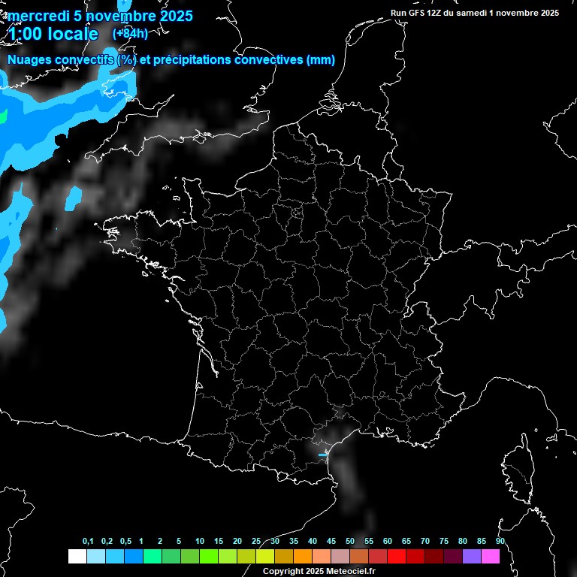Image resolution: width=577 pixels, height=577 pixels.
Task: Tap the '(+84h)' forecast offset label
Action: [129, 34]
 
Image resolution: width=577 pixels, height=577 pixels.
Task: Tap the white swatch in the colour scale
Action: [77, 556]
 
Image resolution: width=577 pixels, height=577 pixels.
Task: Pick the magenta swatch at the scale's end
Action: [491, 556]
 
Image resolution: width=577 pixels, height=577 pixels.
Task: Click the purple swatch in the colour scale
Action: [472, 556]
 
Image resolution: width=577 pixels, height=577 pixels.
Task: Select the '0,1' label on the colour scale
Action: [88, 542]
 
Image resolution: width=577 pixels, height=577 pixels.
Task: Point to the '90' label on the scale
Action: [500, 542]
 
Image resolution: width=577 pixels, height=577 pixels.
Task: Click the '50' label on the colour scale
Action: [350, 542]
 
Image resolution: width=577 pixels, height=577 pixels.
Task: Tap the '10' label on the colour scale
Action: [200, 542]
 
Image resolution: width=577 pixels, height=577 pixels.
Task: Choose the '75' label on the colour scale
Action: [444, 542]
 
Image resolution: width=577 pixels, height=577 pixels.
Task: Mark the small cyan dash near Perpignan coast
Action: [323, 455]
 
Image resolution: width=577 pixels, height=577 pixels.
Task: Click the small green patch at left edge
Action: [2, 116]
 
